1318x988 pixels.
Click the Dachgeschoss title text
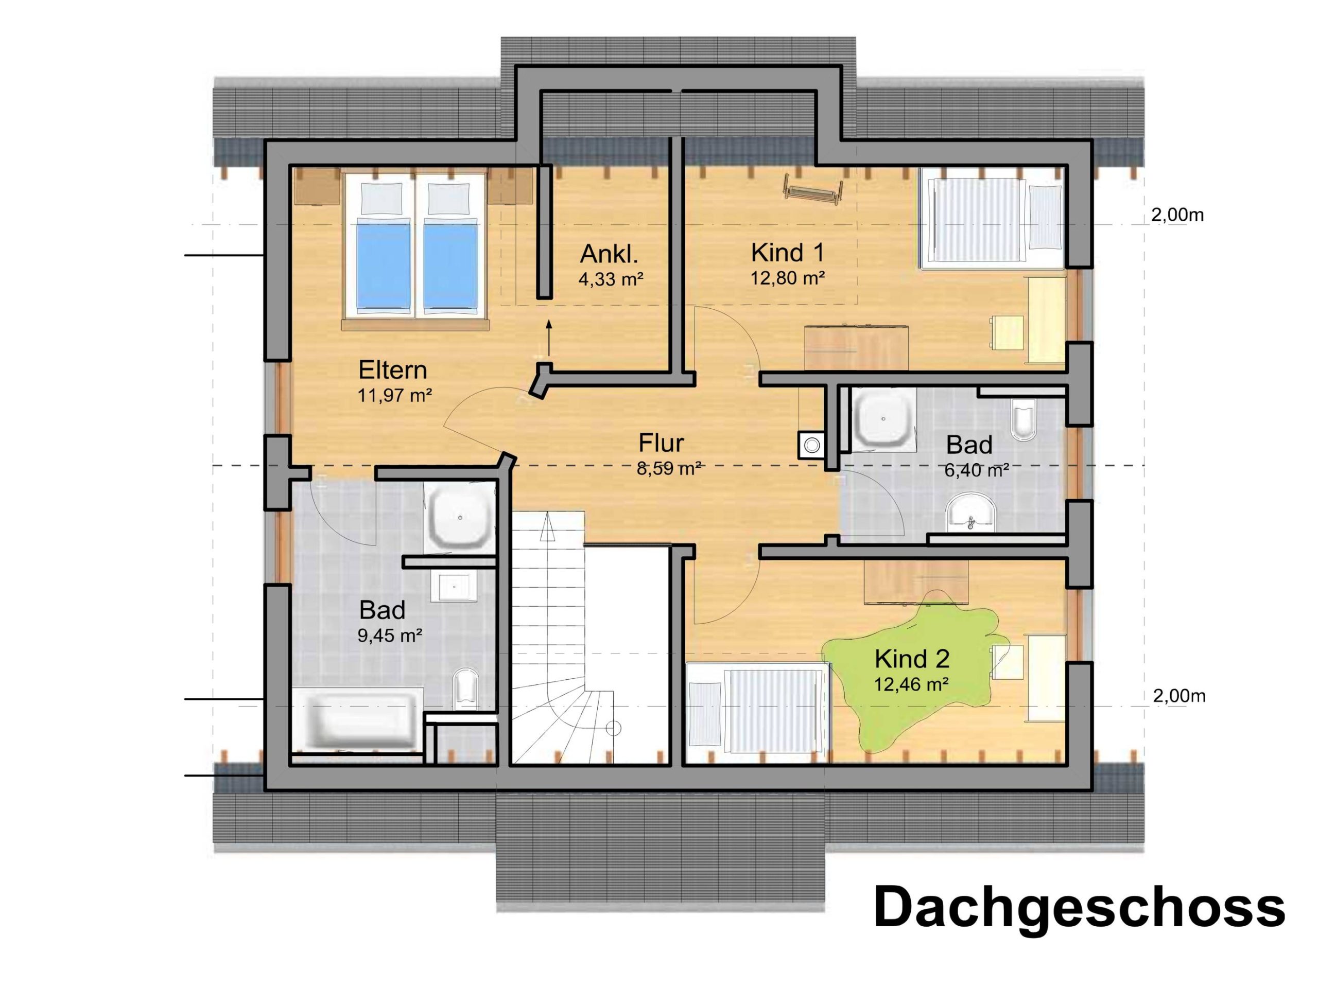click(x=1079, y=908)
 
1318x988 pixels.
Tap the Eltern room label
click(x=393, y=370)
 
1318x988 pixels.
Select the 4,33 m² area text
click(x=611, y=279)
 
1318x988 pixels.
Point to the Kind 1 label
click(x=788, y=253)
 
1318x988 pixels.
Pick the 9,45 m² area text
click(x=390, y=636)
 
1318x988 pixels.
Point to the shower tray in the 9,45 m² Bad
click(x=460, y=518)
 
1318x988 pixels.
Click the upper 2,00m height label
click(x=1177, y=215)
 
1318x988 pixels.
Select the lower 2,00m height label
click(x=1179, y=696)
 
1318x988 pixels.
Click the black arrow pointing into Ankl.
click(x=549, y=337)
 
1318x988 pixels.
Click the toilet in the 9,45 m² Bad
click(x=465, y=690)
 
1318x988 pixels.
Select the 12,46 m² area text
click(x=912, y=684)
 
